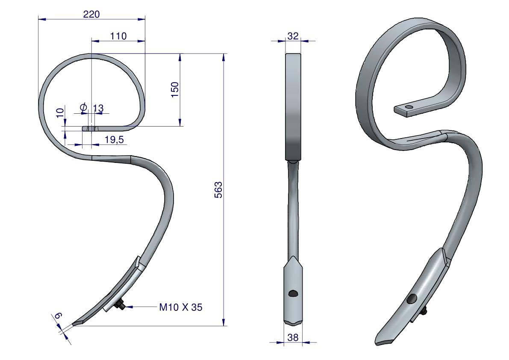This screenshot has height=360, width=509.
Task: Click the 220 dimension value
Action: click(x=91, y=14)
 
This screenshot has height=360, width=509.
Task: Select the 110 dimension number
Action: click(x=118, y=36)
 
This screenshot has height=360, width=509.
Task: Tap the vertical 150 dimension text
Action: click(x=175, y=90)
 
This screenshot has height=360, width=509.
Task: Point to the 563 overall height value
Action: click(x=218, y=190)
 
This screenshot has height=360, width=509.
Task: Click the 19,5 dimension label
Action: click(x=114, y=140)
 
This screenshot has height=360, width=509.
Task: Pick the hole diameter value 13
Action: click(x=98, y=108)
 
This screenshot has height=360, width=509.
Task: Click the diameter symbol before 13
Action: click(x=83, y=107)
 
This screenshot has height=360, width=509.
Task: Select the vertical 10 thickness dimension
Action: click(x=60, y=112)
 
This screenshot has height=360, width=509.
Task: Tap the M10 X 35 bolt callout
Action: click(x=180, y=307)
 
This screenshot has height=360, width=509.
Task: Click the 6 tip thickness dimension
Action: click(x=59, y=315)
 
